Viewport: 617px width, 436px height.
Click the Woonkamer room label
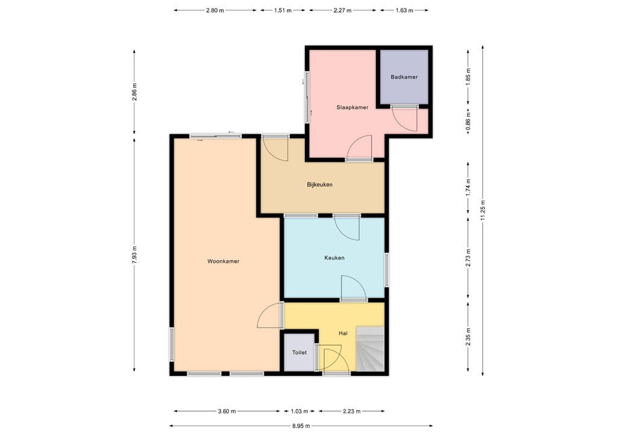[x=223, y=261]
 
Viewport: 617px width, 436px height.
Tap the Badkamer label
[x=404, y=77]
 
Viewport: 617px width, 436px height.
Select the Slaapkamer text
[x=352, y=108]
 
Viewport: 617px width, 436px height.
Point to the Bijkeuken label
[x=320, y=185]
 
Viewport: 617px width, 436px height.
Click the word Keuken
[x=334, y=258]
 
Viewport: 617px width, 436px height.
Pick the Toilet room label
[x=299, y=353]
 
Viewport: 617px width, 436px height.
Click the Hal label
[x=343, y=333]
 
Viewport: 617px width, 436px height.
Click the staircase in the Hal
[x=370, y=349]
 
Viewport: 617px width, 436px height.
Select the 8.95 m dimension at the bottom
[x=301, y=426]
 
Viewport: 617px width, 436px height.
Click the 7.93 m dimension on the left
[x=134, y=256]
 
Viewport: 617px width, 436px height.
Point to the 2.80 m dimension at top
[x=215, y=10]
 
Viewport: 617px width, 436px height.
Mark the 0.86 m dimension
[x=468, y=123]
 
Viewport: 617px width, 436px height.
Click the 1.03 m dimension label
[x=299, y=411]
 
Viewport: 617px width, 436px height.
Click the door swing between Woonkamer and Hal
[x=271, y=316]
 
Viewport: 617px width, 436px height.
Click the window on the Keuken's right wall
[x=387, y=269]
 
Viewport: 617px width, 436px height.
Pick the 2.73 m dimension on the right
[x=468, y=257]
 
